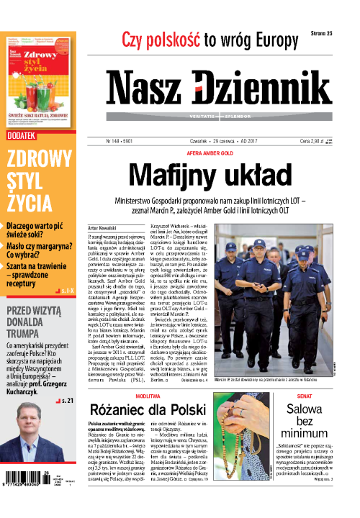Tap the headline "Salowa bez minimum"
pos(331,422)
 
